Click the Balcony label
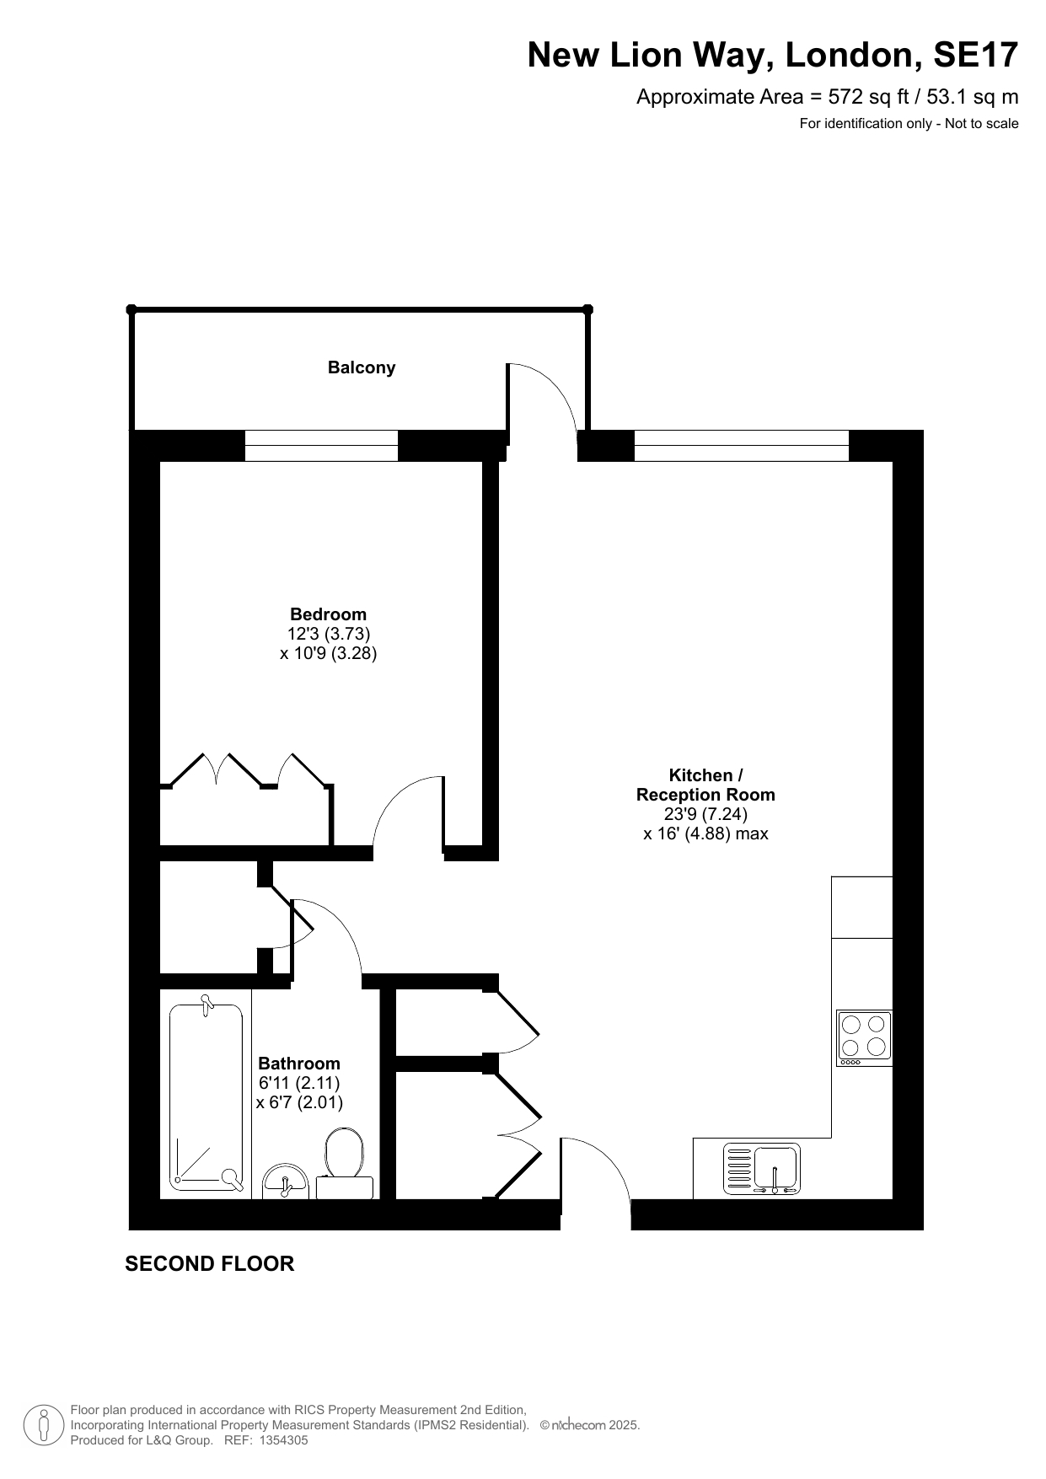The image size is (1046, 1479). (362, 367)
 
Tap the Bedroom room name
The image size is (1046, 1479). (328, 614)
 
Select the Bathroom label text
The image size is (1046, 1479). (299, 1064)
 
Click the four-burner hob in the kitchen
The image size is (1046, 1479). (864, 1037)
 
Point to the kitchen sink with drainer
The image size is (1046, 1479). (762, 1170)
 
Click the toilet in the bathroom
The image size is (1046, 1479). (344, 1164)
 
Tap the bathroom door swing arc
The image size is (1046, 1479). (342, 922)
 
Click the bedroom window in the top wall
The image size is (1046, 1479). (321, 446)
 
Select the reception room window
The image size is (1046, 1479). (741, 446)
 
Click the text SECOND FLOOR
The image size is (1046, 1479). (210, 1263)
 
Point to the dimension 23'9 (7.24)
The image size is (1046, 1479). (706, 814)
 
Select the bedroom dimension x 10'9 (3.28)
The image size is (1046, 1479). (328, 653)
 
